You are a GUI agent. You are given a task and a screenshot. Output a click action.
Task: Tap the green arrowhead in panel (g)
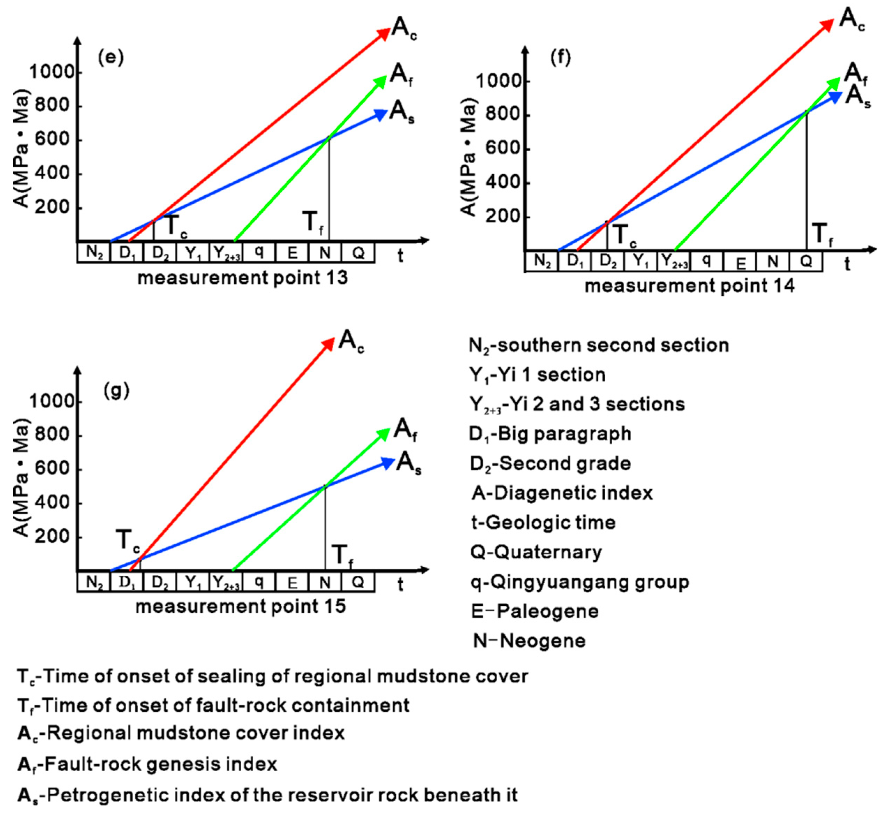(384, 434)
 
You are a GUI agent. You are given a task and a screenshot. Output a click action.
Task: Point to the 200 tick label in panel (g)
(52, 536)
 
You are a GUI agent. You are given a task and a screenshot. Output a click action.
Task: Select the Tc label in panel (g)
(128, 541)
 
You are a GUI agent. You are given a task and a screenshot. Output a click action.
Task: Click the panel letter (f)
(560, 58)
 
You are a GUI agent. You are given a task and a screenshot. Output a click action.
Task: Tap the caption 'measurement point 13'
(243, 278)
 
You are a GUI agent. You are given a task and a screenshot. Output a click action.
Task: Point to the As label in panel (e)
(401, 112)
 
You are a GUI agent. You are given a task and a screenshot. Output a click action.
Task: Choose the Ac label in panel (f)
(851, 20)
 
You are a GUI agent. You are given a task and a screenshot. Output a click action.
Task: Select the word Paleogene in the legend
(547, 611)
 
